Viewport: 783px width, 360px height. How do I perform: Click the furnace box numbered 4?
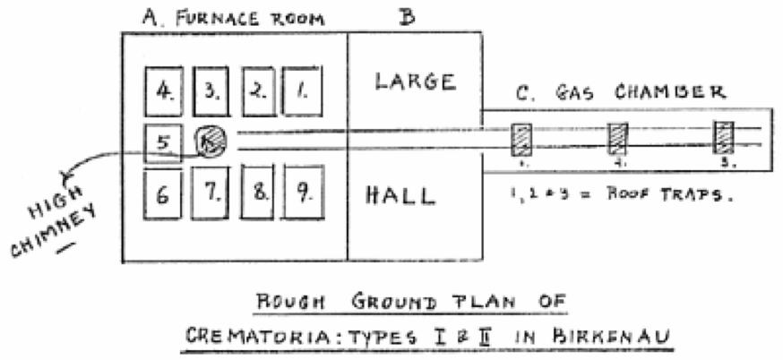[x=164, y=91]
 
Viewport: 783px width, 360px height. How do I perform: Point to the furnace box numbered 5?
[x=162, y=142]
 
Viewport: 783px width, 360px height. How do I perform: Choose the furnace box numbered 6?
[x=163, y=193]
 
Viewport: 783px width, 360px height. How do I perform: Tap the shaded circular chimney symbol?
[x=212, y=141]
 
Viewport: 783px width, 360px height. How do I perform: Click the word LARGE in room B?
[x=415, y=82]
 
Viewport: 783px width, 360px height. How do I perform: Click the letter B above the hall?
[x=405, y=15]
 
